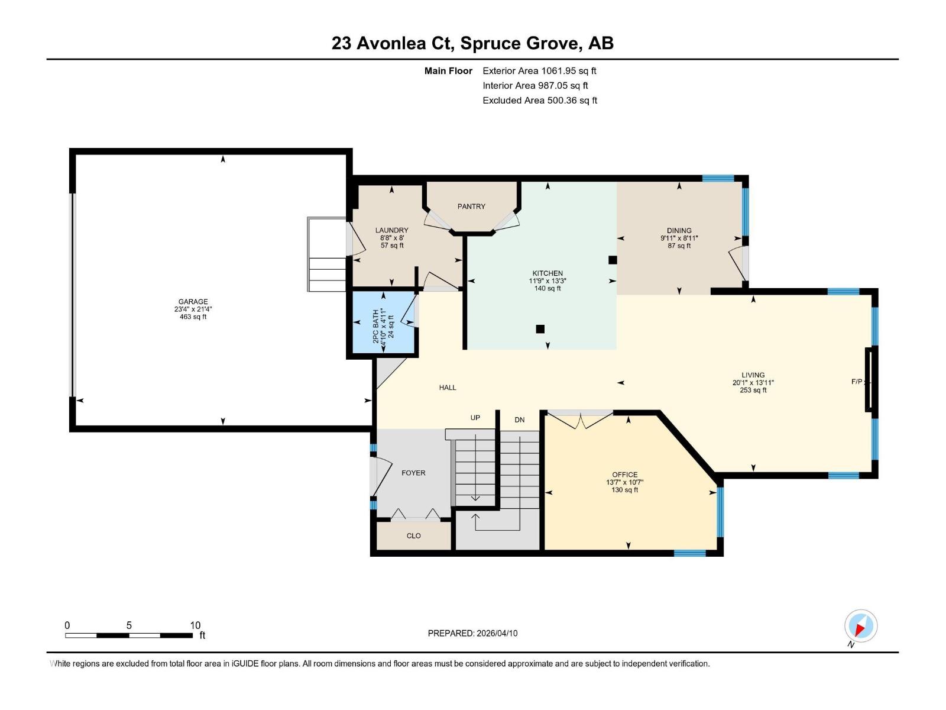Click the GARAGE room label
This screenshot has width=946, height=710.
click(193, 302)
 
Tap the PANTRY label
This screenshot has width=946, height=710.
click(471, 206)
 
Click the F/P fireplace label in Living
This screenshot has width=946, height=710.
click(857, 382)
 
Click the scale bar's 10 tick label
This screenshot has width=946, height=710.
click(195, 625)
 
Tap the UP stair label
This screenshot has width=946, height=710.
click(475, 418)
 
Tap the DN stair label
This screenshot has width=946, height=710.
click(519, 420)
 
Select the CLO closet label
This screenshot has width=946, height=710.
click(413, 535)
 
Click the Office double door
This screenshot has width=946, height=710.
click(580, 419)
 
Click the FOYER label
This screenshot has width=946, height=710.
click(413, 473)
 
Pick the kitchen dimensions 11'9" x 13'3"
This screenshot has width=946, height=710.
click(547, 281)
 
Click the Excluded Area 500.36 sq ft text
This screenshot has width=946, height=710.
click(539, 101)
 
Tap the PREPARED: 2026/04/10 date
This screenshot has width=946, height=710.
click(472, 633)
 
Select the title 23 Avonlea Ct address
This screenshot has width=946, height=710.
click(472, 43)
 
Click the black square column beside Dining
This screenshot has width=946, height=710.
click(613, 260)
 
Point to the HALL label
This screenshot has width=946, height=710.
click(448, 388)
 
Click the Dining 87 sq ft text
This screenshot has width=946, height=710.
click(679, 246)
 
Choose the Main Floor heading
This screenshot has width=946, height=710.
click(448, 71)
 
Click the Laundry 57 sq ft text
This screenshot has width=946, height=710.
click(391, 246)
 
